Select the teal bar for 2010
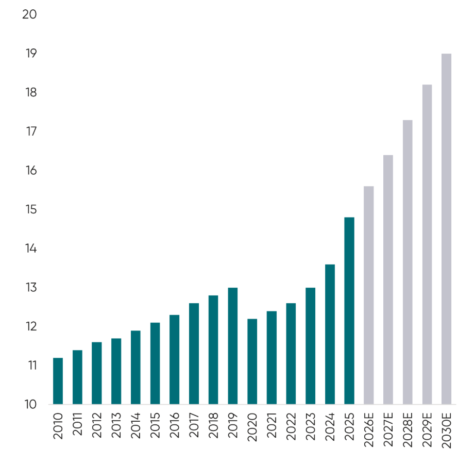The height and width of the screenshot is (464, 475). (x=58, y=381)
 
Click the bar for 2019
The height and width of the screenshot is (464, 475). (x=233, y=346)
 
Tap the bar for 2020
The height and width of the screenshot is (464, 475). (x=252, y=361)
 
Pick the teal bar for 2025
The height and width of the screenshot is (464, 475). (x=349, y=311)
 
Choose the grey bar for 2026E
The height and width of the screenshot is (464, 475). (x=368, y=295)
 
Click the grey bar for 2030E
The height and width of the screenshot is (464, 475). (x=446, y=229)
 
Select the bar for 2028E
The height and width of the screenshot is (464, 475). (x=408, y=262)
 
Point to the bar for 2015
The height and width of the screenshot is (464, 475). (x=155, y=363)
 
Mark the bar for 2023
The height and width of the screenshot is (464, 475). (x=310, y=346)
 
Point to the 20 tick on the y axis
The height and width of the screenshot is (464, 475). (x=30, y=14)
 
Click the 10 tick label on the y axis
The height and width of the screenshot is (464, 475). (x=30, y=404)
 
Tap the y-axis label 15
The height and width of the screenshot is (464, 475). (x=30, y=210)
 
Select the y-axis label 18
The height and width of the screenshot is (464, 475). (x=30, y=93)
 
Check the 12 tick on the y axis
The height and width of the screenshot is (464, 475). (x=30, y=326)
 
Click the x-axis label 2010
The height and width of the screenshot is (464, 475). (x=58, y=425)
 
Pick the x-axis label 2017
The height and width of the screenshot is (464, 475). (x=194, y=425)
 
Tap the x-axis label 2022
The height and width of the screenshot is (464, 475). (x=291, y=425)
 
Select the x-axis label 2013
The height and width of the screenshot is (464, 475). (x=116, y=425)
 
